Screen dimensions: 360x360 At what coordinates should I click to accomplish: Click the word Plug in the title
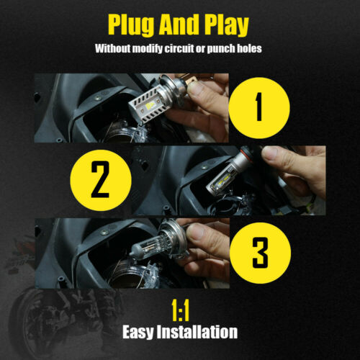[x=131, y=24]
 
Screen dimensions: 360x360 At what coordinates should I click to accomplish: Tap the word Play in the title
[x=227, y=25]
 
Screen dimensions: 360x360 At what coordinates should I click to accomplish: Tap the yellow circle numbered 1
[x=259, y=108]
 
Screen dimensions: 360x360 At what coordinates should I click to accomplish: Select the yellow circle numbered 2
[x=101, y=181]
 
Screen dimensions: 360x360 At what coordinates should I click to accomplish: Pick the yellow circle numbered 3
[x=260, y=253]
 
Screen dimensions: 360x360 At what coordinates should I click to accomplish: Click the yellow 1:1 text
[x=181, y=311]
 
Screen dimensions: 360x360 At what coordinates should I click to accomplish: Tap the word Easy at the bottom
[x=138, y=332]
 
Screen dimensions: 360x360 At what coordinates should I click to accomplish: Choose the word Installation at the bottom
[x=197, y=332]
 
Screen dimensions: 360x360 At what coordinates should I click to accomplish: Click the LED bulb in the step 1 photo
[x=156, y=99]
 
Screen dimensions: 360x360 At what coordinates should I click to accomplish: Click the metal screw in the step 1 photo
[x=97, y=97]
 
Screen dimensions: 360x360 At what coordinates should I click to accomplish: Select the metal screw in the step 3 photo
[x=104, y=232]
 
